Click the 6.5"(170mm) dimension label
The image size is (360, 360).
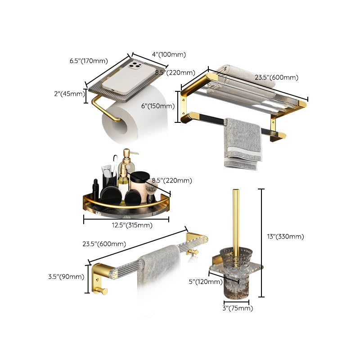[x=89, y=61]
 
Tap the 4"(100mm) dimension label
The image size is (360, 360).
[x=168, y=54]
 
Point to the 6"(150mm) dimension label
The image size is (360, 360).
[x=157, y=106]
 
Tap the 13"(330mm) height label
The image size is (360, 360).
[x=284, y=236]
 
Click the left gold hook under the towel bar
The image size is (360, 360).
[x=102, y=291]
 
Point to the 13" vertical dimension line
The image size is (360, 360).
[x=263, y=243]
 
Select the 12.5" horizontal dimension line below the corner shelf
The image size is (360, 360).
[x=126, y=219]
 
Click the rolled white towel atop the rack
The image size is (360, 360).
[x=234, y=72]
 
